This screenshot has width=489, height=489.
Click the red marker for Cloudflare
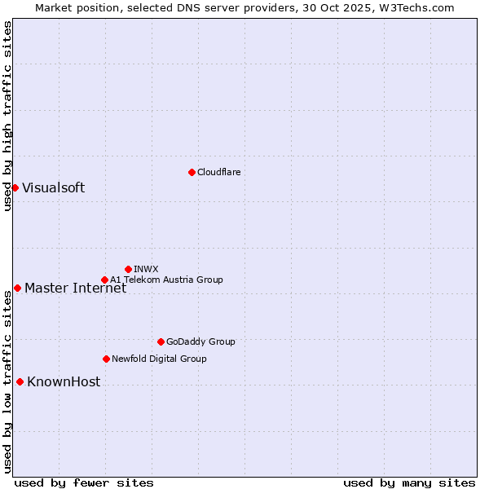192,172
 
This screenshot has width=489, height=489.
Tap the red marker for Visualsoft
15,188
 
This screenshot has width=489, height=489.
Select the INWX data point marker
128,269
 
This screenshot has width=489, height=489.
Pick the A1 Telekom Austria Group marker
104,280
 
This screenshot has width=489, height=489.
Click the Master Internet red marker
17,288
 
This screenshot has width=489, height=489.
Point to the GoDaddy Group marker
161,341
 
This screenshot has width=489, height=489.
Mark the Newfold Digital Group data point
106,359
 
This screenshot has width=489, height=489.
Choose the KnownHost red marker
20,381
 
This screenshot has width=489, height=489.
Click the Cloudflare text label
218,172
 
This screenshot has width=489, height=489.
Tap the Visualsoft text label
53,188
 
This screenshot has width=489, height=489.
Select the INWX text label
146,269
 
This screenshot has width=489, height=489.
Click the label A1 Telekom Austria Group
166,280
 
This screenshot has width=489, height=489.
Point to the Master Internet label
75,288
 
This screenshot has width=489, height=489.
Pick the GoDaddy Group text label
200,341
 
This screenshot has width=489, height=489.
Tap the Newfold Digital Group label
159,359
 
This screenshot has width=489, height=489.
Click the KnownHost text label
64,381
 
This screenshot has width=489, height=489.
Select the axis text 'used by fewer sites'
84,482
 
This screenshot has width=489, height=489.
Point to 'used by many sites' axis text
409,482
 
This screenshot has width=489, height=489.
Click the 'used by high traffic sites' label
7,116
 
